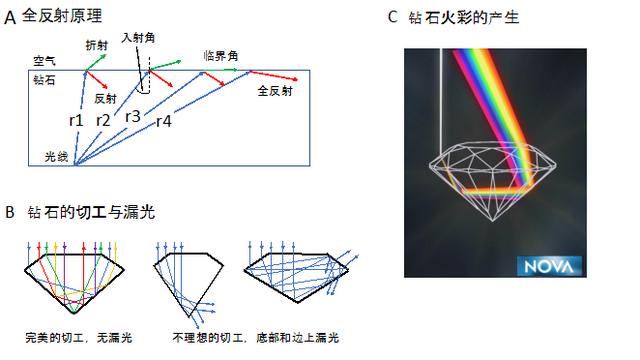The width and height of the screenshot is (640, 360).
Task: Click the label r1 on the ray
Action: coord(76,120)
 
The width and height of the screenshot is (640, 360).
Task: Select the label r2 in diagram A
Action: coord(103,120)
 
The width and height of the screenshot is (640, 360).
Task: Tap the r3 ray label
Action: coord(133,115)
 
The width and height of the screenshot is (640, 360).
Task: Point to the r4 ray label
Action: coord(164,121)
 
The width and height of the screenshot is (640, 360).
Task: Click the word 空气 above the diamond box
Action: coord(44,61)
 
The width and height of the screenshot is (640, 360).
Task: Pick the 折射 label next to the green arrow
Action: coord(96,45)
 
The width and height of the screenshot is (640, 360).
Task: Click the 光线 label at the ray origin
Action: coord(57,157)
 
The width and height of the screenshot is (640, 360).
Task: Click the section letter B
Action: coord(9,212)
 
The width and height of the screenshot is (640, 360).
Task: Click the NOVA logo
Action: coord(542,266)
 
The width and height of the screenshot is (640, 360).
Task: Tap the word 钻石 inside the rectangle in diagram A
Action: coord(44,78)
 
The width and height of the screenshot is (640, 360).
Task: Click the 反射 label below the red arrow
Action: coord(106,100)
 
